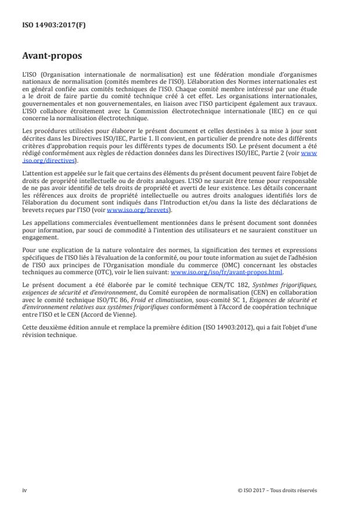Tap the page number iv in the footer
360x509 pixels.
[24, 490]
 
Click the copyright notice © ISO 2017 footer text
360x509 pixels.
[278, 490]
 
